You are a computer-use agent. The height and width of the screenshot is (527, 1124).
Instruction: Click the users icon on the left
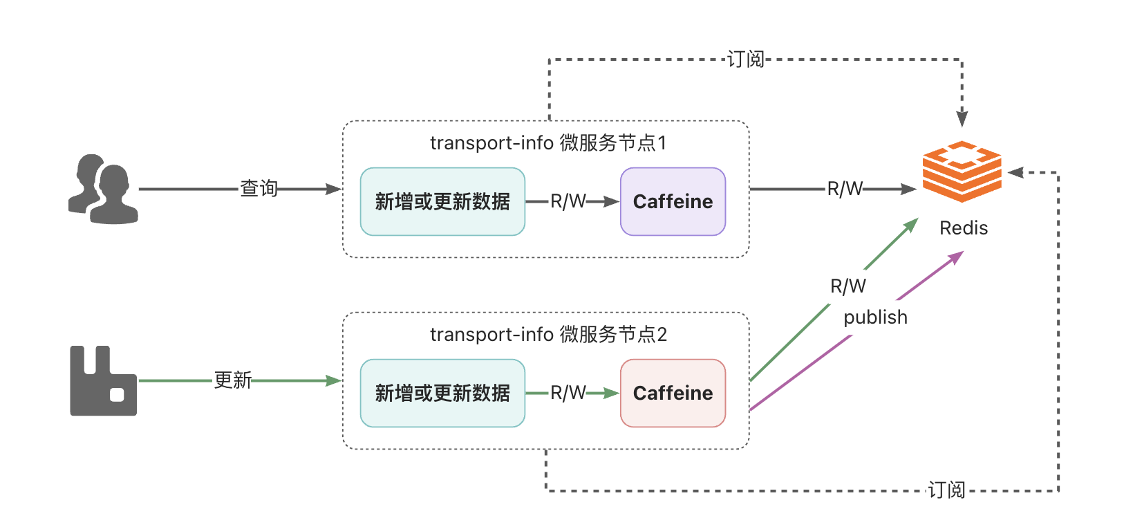point(104,189)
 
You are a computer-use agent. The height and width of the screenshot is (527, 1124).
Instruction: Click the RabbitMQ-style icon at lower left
point(103,381)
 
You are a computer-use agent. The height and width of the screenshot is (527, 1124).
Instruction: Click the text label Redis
point(963,228)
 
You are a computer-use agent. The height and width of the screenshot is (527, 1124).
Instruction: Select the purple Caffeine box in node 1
point(673,201)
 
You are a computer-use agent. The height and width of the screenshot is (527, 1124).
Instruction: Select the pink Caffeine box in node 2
point(673,393)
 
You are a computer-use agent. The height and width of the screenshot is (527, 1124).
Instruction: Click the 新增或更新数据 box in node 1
point(442,201)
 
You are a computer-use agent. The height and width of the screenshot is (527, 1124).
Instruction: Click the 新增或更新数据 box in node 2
point(442,393)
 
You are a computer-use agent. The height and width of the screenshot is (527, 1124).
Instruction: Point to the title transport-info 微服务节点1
point(547,143)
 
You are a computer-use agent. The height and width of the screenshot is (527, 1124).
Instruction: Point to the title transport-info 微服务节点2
point(547,335)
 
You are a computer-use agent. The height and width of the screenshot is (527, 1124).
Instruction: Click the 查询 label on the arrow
point(259,188)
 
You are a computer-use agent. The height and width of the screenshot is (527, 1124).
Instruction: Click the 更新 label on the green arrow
point(232,380)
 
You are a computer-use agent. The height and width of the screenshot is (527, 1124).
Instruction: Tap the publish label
point(875,317)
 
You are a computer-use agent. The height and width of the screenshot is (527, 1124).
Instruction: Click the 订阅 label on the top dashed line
point(746,59)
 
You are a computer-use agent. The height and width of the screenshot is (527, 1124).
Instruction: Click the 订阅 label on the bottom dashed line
point(946,490)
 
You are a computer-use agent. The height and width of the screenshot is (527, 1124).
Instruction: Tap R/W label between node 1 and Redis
point(845,189)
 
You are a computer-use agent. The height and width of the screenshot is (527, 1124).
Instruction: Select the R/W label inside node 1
point(568,201)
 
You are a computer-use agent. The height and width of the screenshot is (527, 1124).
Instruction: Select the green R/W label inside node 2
point(568,393)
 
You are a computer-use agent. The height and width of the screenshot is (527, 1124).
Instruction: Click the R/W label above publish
point(847,286)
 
